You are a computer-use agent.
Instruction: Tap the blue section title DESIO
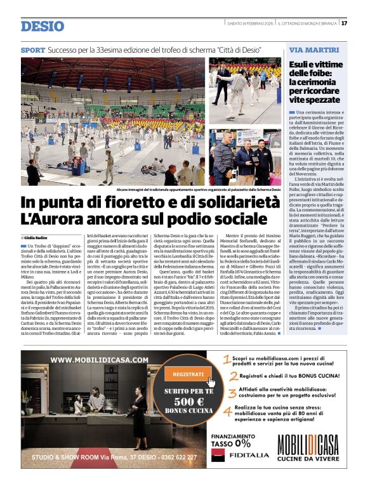point(43,26)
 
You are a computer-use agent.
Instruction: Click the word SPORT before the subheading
point(33,49)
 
